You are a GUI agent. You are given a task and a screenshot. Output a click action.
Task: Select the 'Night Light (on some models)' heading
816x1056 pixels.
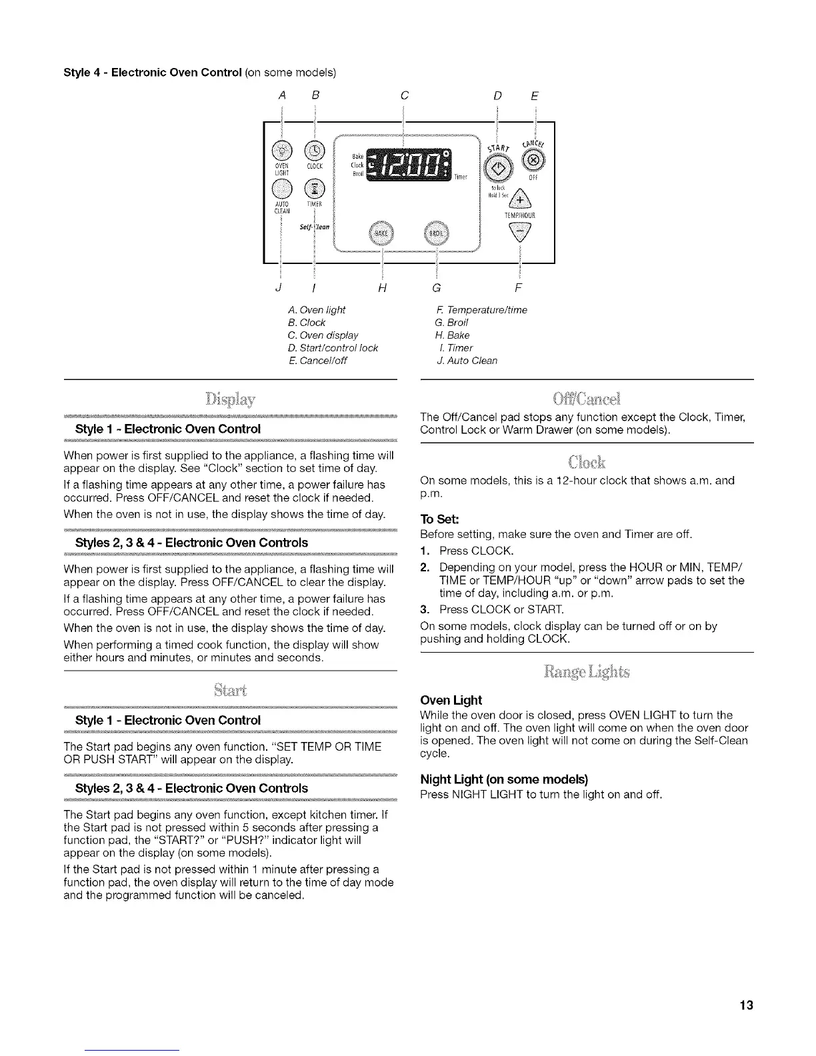coord(504,779)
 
